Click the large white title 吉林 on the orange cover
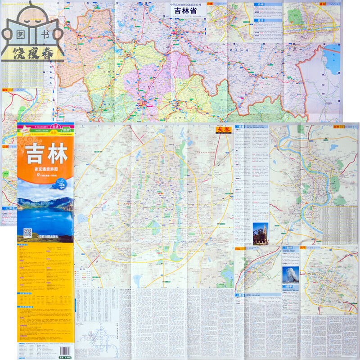coord(47,154)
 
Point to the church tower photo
coord(260,234)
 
